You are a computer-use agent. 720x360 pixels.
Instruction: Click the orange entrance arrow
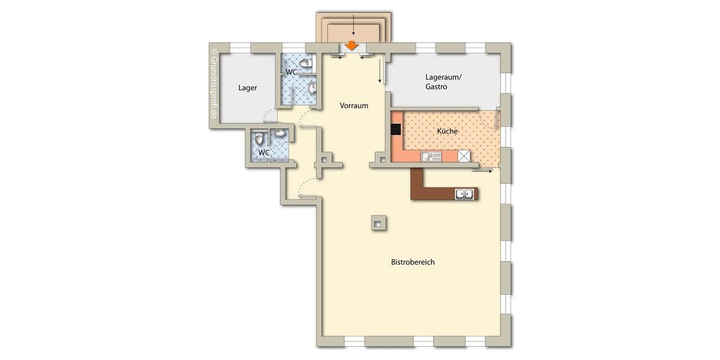352,45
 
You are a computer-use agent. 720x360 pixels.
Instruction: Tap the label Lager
248,88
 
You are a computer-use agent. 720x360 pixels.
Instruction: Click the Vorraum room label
354,106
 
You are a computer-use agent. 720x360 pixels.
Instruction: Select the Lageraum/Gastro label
445,82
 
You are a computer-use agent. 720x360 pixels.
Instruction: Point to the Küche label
448,131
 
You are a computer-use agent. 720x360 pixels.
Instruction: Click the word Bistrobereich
413,263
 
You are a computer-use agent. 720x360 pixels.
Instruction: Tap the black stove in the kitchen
396,129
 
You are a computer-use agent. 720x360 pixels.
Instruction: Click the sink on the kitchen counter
431,157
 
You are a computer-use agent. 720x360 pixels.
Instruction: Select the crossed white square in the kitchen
464,156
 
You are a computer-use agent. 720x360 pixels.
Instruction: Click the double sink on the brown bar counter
465,194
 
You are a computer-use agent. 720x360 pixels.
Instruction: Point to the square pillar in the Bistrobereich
377,223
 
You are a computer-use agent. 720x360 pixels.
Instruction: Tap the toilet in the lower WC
259,139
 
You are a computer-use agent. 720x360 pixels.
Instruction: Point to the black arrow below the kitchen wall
482,171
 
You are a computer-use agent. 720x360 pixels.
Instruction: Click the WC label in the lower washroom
263,153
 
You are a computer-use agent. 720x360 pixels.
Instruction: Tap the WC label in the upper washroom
291,72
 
